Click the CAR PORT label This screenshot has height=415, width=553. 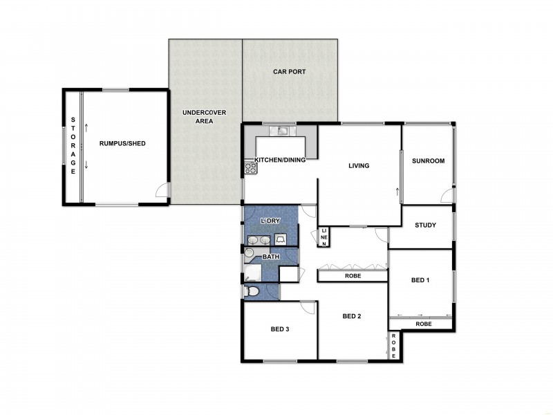pyautogui.click(x=289, y=71)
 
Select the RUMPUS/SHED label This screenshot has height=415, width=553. pyautogui.click(x=122, y=143)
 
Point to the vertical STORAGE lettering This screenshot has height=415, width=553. pyautogui.click(x=73, y=146)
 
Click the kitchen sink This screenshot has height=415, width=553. pyautogui.click(x=282, y=130)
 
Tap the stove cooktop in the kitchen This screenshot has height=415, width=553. pyautogui.click(x=250, y=167)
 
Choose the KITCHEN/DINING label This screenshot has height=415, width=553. pyautogui.click(x=280, y=160)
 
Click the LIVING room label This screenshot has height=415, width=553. pyautogui.click(x=359, y=166)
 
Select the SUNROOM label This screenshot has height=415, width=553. pyautogui.click(x=428, y=160)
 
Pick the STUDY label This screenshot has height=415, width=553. pyautogui.click(x=425, y=225)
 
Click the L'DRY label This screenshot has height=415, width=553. pyautogui.click(x=270, y=220)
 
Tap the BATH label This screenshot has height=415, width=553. pyautogui.click(x=270, y=257)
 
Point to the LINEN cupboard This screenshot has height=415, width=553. pyautogui.click(x=324, y=237)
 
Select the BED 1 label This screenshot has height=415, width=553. pyautogui.click(x=420, y=280)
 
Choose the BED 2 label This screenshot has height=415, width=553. pyautogui.click(x=353, y=316)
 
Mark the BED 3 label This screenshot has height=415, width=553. pyautogui.click(x=279, y=329)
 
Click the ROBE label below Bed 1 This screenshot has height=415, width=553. pyautogui.click(x=423, y=324)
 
